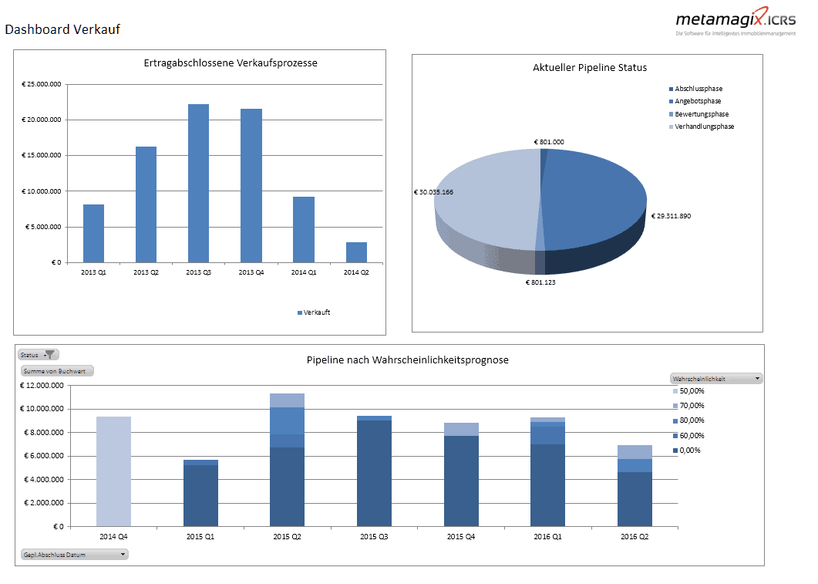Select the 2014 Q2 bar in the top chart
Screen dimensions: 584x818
pos(355,252)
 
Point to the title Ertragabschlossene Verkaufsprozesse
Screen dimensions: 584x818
pos(231,63)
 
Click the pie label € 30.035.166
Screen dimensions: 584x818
pos(433,192)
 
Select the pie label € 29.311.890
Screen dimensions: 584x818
pos(671,216)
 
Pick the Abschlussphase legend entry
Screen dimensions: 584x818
pos(698,89)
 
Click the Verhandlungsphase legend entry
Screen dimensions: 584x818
pos(704,127)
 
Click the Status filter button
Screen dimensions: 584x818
pos(39,355)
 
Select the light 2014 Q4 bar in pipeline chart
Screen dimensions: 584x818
pos(113,471)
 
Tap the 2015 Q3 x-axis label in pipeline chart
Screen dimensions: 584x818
pos(375,535)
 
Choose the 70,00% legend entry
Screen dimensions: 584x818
pos(691,406)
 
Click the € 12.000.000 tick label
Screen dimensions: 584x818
pos(43,386)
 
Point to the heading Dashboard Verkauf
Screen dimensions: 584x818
pos(62,30)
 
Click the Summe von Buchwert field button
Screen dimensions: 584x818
pos(57,371)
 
